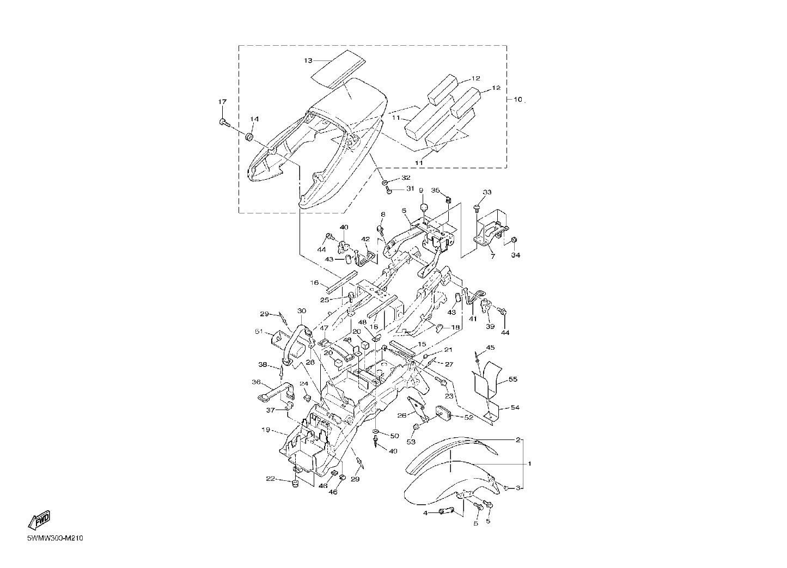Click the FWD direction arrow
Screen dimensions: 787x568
pyautogui.click(x=39, y=520)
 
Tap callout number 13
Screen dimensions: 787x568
pyautogui.click(x=308, y=61)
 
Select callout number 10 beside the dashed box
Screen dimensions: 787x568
pyautogui.click(x=518, y=100)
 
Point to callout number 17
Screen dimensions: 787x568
pyautogui.click(x=222, y=102)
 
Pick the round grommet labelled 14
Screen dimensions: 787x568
pyautogui.click(x=249, y=137)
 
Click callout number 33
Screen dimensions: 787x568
pyautogui.click(x=487, y=192)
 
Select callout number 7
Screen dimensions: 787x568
pyautogui.click(x=493, y=256)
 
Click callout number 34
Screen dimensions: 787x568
pyautogui.click(x=515, y=255)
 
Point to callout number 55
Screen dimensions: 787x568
pyautogui.click(x=513, y=380)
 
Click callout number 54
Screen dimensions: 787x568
pyautogui.click(x=515, y=407)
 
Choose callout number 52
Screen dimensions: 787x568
pyautogui.click(x=469, y=418)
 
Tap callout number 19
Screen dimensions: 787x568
pyautogui.click(x=266, y=430)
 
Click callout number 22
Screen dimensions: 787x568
pyautogui.click(x=271, y=479)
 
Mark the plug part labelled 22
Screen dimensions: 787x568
pyautogui.click(x=295, y=484)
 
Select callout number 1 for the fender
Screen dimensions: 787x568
pyautogui.click(x=529, y=463)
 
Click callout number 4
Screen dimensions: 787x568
pyautogui.click(x=425, y=513)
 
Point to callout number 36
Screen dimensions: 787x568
pyautogui.click(x=256, y=382)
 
